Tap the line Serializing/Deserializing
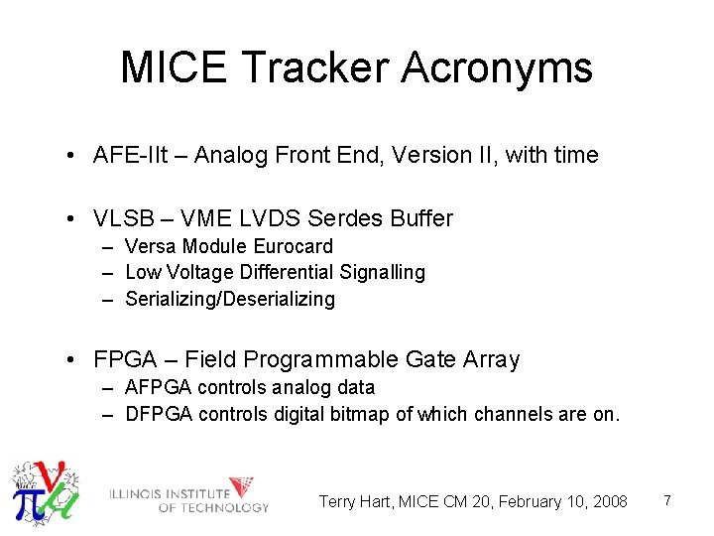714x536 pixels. click(x=230, y=299)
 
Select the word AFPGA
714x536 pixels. click(x=159, y=387)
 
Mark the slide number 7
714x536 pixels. click(x=667, y=500)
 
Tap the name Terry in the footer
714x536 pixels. click(x=338, y=501)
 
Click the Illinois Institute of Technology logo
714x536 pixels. click(x=188, y=494)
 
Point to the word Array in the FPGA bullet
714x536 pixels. click(x=489, y=359)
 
